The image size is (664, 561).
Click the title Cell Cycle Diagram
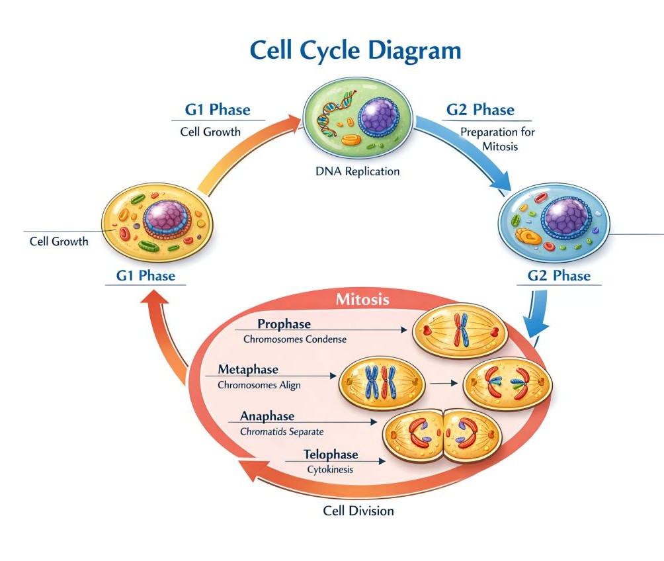355,52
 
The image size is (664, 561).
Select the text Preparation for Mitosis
497,139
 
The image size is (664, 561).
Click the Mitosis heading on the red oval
362,299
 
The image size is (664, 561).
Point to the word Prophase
284,324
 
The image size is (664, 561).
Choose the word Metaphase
247,369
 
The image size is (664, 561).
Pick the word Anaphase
267,416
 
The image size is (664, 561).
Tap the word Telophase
331,454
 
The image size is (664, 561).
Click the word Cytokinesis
330,470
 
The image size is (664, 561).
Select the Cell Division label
358,511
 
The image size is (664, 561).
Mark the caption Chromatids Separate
282,431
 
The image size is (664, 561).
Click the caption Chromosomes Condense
295,339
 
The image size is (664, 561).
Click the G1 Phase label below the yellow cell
145,276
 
